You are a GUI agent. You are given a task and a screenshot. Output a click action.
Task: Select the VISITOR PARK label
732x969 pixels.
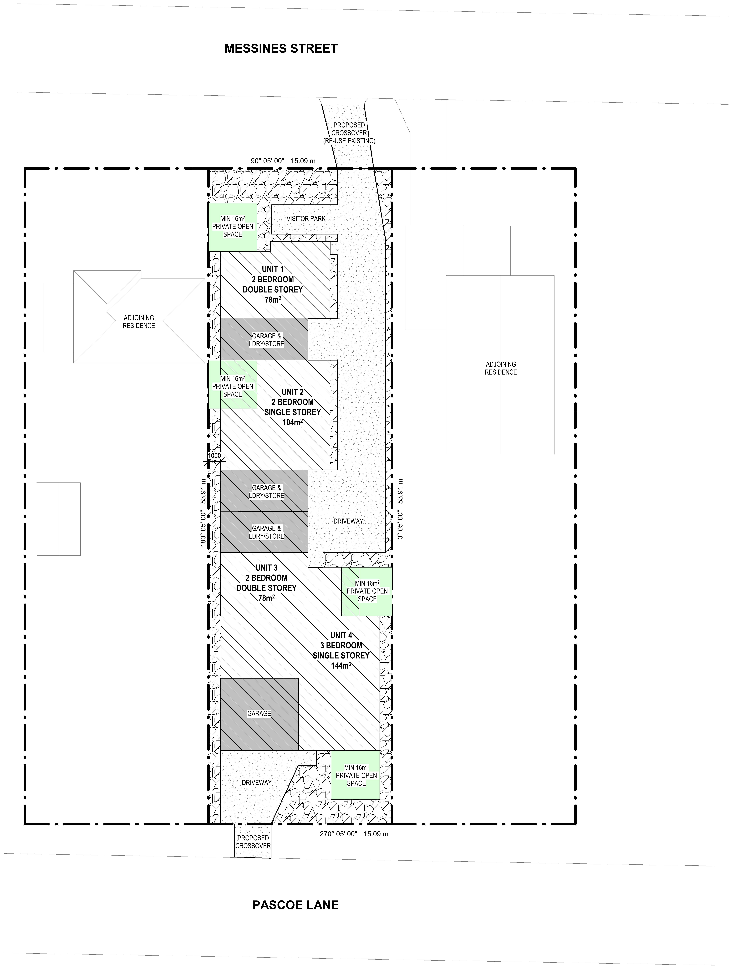coord(306,219)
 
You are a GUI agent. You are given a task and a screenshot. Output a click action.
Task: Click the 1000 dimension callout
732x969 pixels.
coord(214,456)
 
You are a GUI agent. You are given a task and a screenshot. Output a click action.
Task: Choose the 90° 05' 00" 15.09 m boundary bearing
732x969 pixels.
coord(283,161)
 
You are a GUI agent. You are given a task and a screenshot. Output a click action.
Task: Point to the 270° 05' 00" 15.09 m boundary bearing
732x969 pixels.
coord(354,834)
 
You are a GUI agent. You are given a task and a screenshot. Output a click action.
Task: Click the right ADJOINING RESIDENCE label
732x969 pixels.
coord(501,368)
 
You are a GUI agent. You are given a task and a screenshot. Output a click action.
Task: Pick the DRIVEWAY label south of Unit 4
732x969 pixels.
coord(257,782)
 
